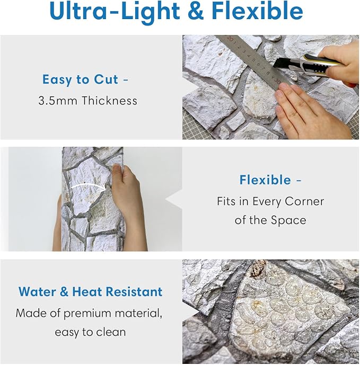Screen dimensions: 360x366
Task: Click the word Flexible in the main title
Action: tap(257, 11)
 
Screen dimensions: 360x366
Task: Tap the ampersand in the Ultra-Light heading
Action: tap(196, 11)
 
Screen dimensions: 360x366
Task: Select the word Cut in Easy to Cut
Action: tap(106, 79)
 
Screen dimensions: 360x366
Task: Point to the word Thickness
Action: tap(109, 101)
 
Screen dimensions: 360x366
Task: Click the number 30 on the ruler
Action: tap(277, 81)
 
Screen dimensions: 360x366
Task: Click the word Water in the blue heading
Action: tap(37, 291)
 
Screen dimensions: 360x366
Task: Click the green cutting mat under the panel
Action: tap(354, 121)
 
